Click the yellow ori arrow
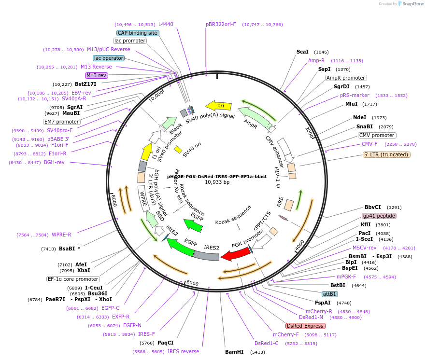pyautogui.click(x=218, y=106)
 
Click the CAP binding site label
pyautogui.click(x=138, y=33)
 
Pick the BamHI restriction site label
pyautogui.click(x=234, y=352)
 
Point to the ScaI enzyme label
pyautogui.click(x=302, y=52)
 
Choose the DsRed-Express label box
pyautogui.click(x=305, y=326)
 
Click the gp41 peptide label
pyautogui.click(x=379, y=216)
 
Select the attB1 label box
pyautogui.click(x=329, y=294)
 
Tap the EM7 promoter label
pyautogui.click(x=62, y=122)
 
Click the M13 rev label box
pyautogui.click(x=97, y=75)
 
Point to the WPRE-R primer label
pyautogui.click(x=61, y=235)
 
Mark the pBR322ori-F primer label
pyautogui.click(x=221, y=24)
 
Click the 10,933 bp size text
pyautogui.click(x=217, y=182)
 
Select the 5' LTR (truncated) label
pyautogui.click(x=386, y=154)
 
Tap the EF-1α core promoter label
pyautogui.click(x=73, y=279)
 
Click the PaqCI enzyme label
pyautogui.click(x=166, y=343)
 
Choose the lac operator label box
pyautogui.click(x=109, y=58)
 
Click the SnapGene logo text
pyautogui.click(x=412, y=4)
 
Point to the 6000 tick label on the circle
pyautogui.click(x=192, y=283)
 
